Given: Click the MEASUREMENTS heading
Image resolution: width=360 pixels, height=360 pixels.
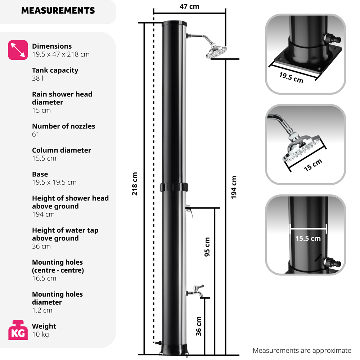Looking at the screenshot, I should [58, 11].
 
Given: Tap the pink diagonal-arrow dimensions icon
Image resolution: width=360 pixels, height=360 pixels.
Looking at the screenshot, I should [18, 50].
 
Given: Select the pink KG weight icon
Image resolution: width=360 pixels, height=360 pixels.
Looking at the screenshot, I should [18, 330].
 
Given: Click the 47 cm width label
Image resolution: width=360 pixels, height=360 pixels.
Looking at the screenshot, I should [189, 6].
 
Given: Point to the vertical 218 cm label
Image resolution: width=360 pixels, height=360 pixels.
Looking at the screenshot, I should [135, 184].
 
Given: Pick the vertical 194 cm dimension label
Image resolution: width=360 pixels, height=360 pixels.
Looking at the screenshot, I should [234, 188].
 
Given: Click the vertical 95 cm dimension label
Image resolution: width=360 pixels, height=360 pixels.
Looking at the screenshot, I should [207, 247].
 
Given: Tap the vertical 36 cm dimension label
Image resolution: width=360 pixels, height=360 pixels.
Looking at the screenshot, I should [199, 326].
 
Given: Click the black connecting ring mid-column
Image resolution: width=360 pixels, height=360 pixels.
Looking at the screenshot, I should [175, 188].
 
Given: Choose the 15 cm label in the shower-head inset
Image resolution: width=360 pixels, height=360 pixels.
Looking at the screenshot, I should [312, 165].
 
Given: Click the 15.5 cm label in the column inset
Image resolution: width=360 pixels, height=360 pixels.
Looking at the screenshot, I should [308, 238].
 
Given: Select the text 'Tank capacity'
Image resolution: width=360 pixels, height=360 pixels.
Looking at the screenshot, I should [55, 70].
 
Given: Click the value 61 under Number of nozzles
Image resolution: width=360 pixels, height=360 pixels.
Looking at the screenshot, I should [36, 134].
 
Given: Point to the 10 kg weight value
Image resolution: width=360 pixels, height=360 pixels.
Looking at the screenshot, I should [40, 334].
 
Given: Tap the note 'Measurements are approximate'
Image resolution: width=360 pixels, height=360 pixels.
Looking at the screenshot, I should [302, 350].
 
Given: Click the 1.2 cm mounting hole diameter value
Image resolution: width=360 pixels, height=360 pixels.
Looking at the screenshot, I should [42, 310].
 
